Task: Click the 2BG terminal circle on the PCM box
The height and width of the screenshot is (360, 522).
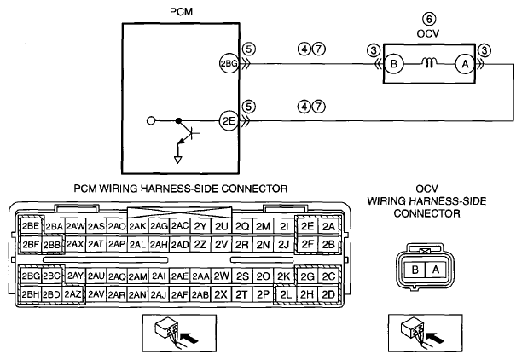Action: (229, 63)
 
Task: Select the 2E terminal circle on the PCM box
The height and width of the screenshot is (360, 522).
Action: (229, 120)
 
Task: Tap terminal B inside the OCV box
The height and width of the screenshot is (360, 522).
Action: (394, 63)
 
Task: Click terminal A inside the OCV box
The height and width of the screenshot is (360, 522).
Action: (465, 63)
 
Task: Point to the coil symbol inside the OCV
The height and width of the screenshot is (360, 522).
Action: (429, 62)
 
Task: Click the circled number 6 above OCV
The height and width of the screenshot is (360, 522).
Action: (429, 19)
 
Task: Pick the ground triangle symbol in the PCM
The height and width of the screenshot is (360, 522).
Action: (178, 160)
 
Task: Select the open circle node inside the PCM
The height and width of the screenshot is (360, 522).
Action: (151, 120)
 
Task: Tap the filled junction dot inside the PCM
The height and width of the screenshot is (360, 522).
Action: (179, 120)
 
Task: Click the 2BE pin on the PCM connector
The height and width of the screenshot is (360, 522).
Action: (31, 226)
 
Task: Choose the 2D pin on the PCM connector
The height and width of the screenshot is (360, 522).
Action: (328, 294)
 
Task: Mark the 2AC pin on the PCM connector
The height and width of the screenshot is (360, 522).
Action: (180, 226)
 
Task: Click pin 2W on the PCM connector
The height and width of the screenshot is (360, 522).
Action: (222, 276)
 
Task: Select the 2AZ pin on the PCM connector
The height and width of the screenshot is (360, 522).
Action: (72, 294)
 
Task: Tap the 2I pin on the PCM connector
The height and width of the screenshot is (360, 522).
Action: (284, 226)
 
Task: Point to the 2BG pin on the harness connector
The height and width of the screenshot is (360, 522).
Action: (31, 276)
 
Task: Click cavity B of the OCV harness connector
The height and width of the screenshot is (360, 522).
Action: (415, 270)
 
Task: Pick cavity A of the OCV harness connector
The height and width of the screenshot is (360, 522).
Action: (436, 270)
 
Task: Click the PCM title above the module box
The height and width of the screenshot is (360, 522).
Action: (181, 12)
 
